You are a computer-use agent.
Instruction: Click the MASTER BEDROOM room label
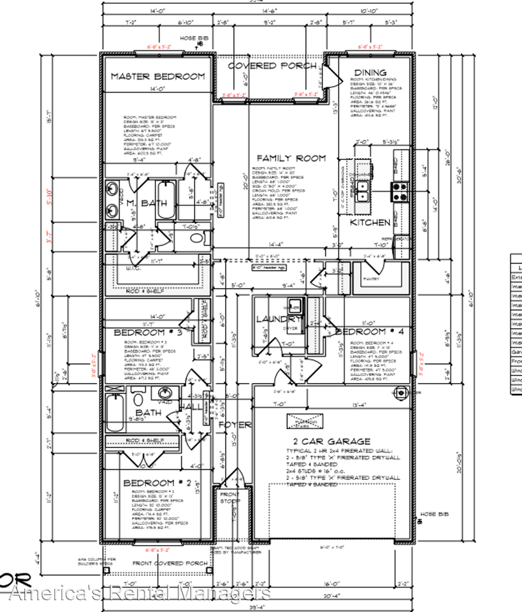coord(158,76)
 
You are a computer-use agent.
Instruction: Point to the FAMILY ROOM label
coord(291,158)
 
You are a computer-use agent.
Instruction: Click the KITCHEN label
coord(370,222)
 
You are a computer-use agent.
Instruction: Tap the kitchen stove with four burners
coord(400,191)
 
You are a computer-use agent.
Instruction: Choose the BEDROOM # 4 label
coord(369,331)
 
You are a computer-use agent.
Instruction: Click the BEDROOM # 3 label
coord(148,332)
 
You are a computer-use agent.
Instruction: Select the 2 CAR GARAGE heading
coord(331,441)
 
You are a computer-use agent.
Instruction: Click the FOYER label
coord(233,425)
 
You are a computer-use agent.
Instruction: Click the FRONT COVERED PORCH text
coord(170,563)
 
